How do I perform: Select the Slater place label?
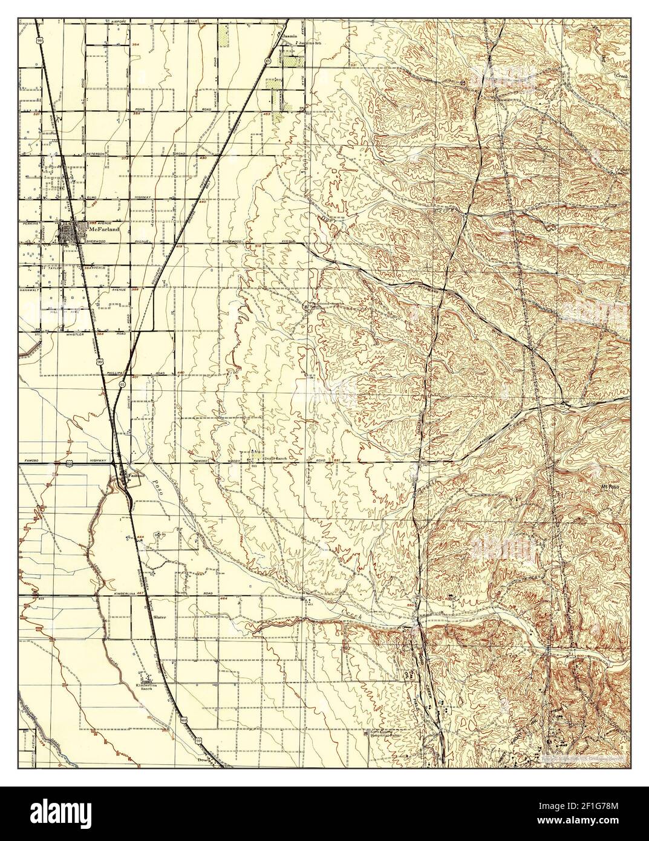pos(160,618)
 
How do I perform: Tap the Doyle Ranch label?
pos(269,459)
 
